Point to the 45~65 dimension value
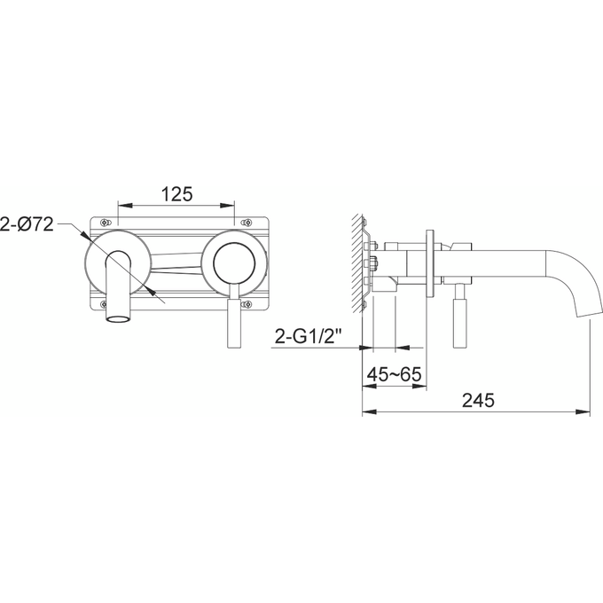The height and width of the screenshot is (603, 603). (394, 374)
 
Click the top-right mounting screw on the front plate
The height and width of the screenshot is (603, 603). (249, 221)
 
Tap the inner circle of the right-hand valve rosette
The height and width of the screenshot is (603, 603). (234, 263)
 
